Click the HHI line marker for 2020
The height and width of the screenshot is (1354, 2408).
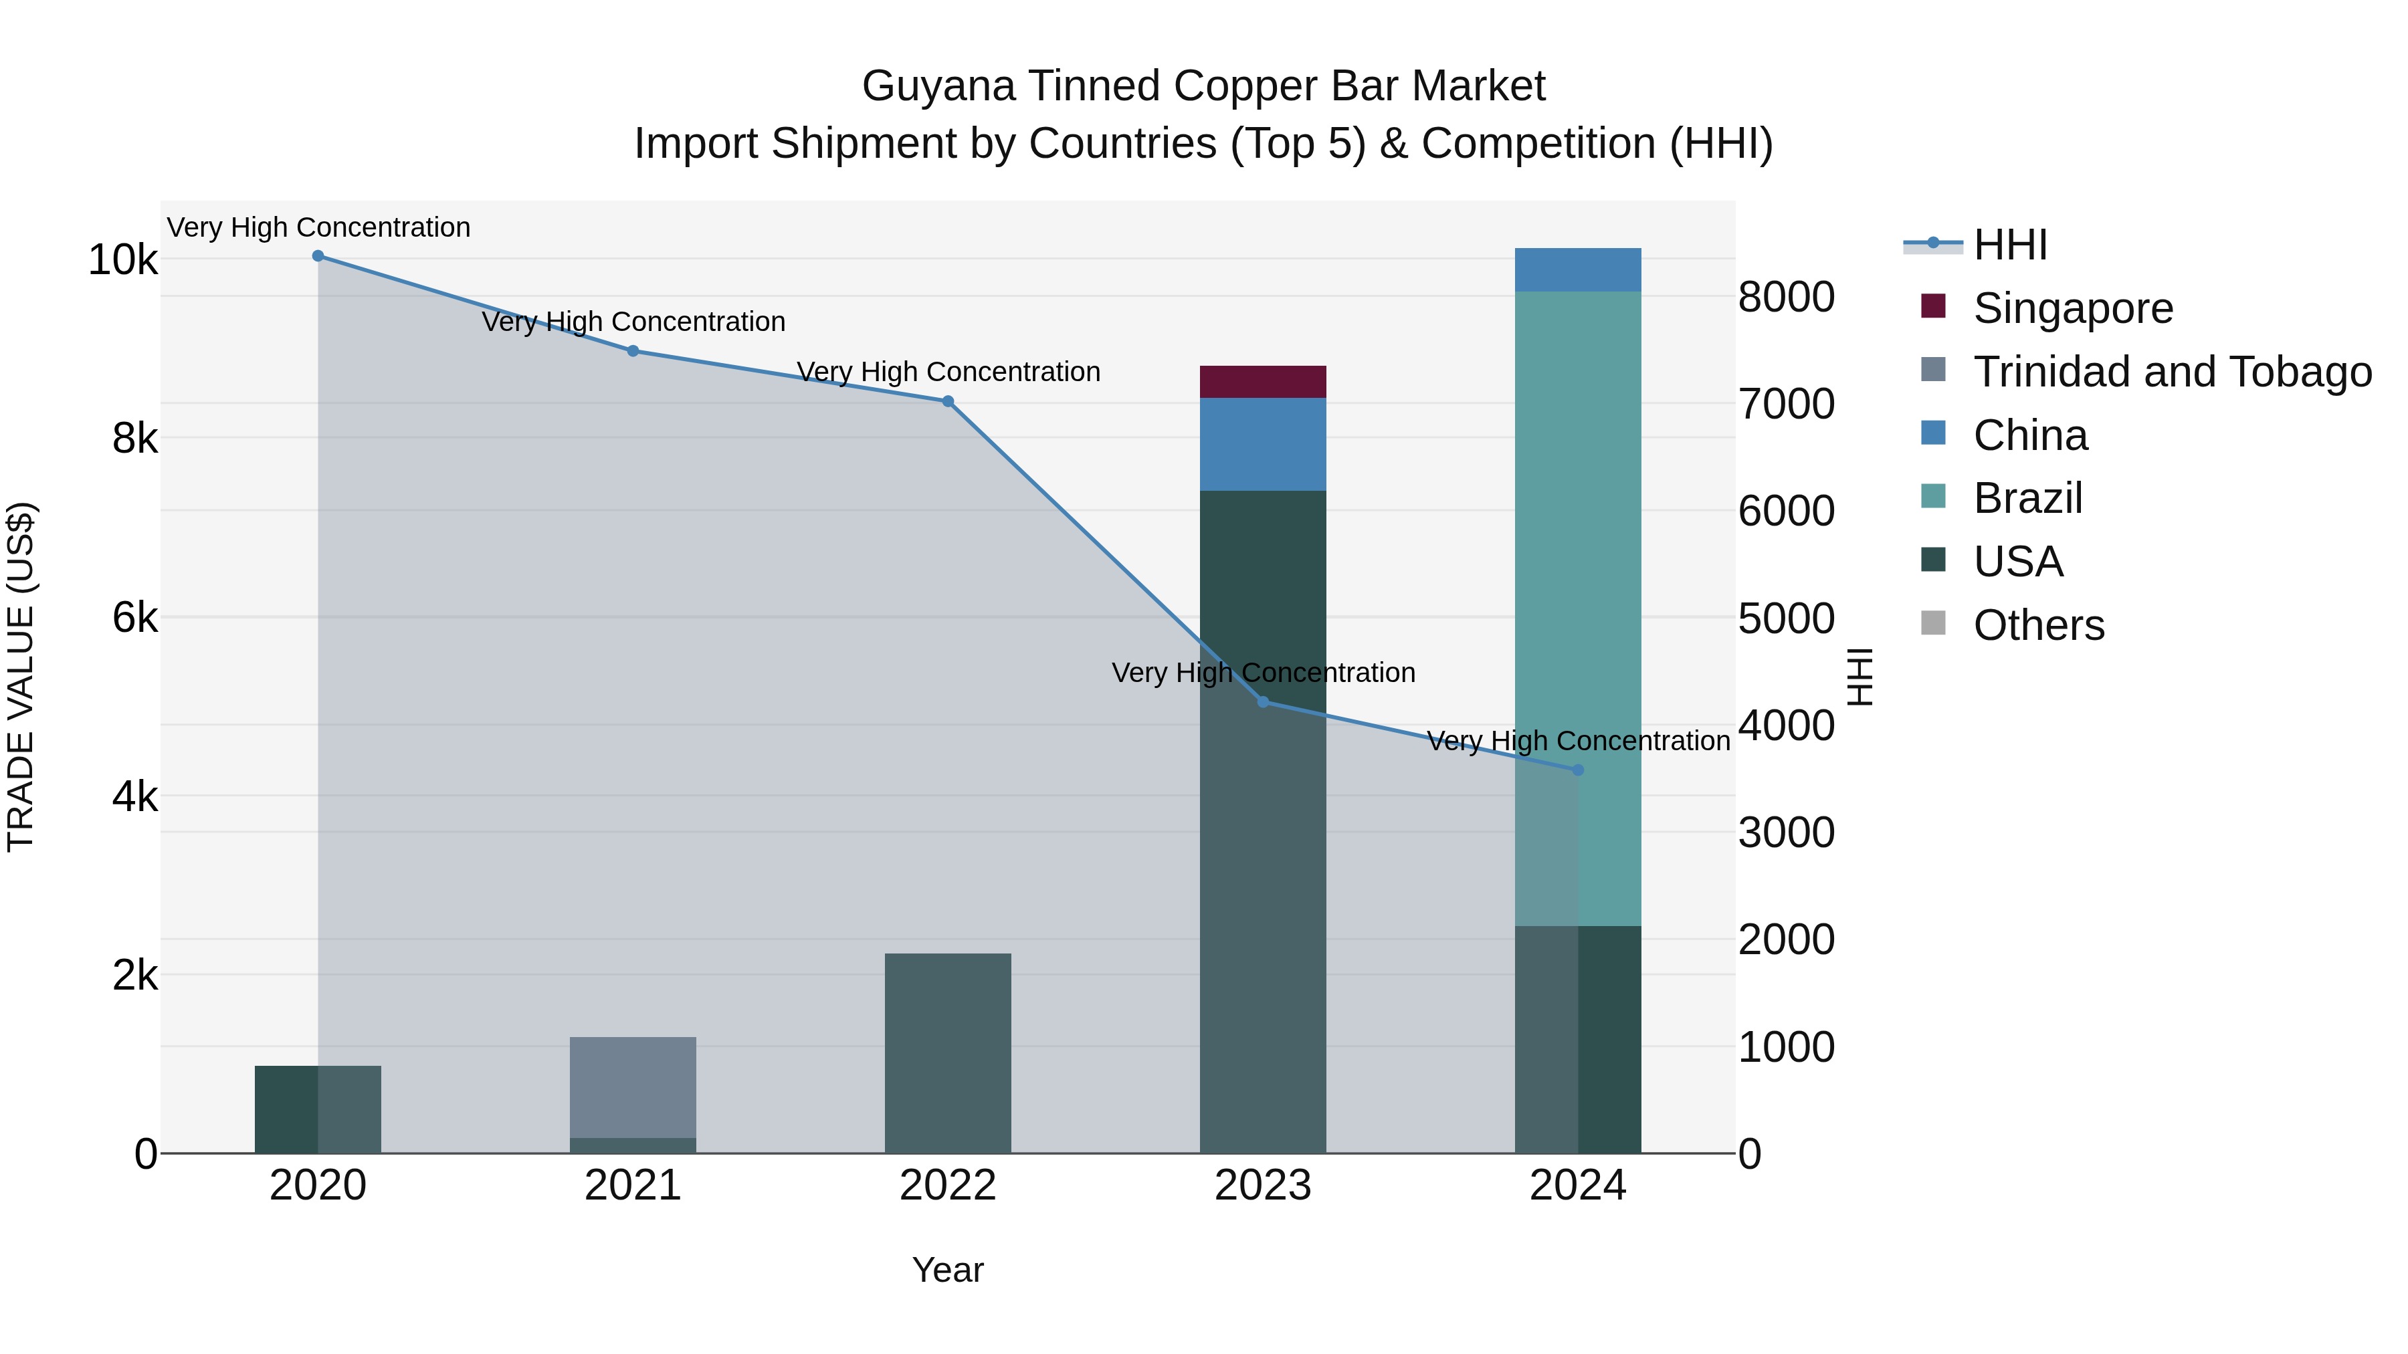click(318, 256)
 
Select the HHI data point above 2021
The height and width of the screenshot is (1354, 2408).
click(633, 351)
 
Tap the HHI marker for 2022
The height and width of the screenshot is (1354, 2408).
click(948, 402)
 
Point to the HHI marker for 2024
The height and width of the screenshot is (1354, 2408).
click(1578, 770)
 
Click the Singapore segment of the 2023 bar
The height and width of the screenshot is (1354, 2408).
click(1263, 382)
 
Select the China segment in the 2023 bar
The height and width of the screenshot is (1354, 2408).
click(1263, 445)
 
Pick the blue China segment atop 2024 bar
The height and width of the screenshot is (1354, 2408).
click(1578, 270)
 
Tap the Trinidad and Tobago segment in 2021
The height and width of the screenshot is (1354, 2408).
click(633, 1087)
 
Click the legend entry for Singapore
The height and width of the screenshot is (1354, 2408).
click(2072, 308)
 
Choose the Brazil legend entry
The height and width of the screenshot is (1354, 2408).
click(2027, 498)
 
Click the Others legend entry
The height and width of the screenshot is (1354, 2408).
click(2038, 625)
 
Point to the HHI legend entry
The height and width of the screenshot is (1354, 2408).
click(2010, 245)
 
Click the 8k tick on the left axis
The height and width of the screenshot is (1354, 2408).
click(134, 438)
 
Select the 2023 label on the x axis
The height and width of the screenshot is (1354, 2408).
click(1263, 1186)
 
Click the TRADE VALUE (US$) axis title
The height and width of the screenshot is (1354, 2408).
click(21, 677)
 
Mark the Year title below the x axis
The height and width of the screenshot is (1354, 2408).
click(948, 1270)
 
